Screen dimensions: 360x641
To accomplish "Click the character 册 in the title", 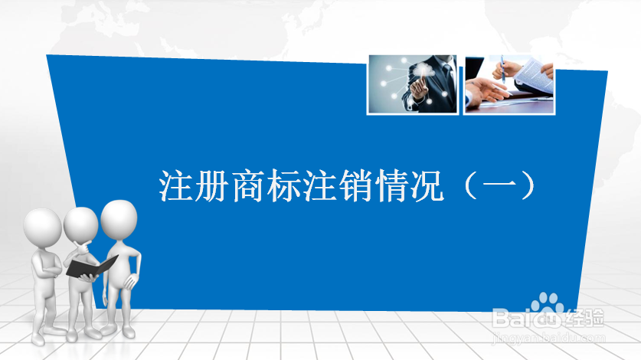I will point(211,186).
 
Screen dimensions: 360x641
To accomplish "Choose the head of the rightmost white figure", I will point(119,219).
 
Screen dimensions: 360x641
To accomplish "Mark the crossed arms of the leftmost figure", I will point(47,265).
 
